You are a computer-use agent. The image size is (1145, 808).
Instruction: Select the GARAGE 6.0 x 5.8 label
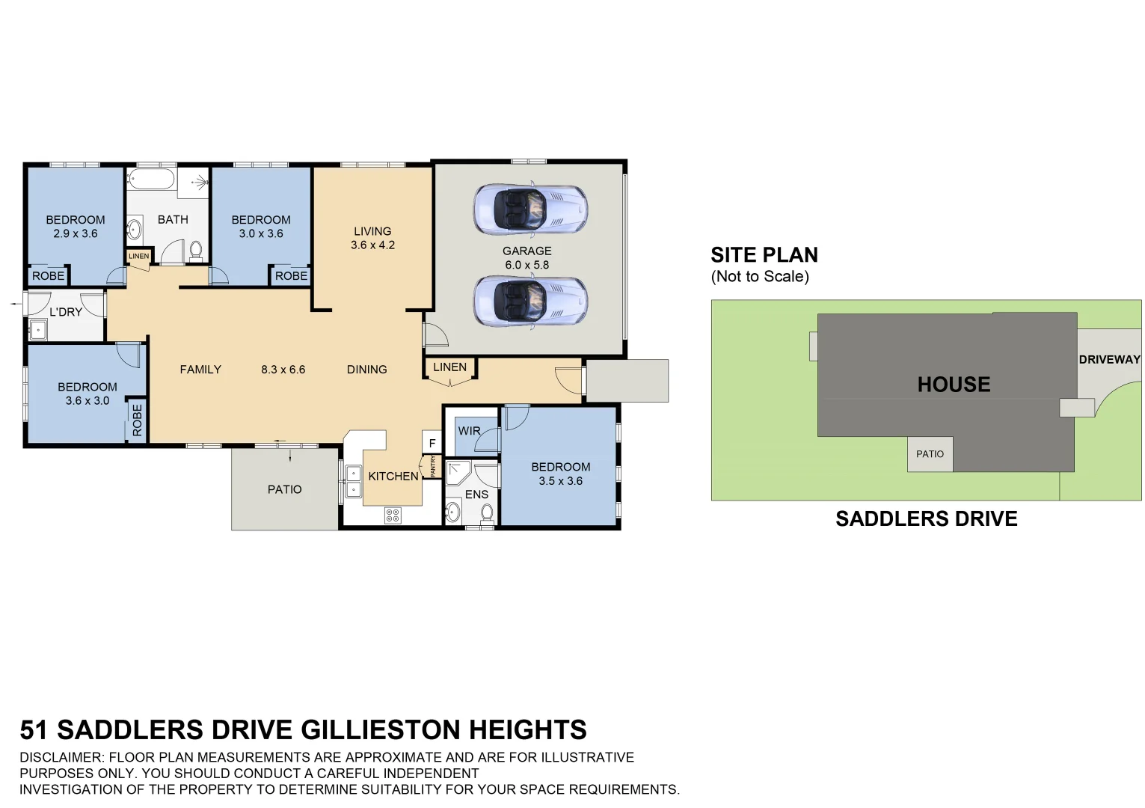[527, 258]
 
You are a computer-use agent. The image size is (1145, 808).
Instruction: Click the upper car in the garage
[530, 209]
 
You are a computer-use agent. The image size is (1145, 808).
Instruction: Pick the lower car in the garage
[530, 302]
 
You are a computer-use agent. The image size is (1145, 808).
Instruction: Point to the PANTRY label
[433, 466]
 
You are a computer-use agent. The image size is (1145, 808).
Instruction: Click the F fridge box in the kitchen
[432, 443]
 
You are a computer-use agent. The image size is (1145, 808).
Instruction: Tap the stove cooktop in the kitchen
[393, 515]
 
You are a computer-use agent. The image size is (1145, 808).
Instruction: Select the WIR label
[469, 431]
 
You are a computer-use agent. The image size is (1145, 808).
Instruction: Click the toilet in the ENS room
[487, 513]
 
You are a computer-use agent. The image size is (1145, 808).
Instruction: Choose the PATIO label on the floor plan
[285, 489]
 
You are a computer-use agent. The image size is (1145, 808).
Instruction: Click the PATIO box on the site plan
[930, 453]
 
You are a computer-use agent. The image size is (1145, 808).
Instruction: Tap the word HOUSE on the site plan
[954, 385]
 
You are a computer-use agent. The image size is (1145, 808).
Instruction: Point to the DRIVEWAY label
[1109, 360]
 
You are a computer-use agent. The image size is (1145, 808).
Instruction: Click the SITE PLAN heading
[764, 254]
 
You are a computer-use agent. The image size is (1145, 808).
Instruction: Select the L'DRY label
[65, 312]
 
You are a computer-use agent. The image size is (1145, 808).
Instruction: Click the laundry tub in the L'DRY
[38, 331]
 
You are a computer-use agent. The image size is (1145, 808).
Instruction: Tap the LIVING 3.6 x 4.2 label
[372, 238]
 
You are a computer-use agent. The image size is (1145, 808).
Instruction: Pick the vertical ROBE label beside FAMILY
[137, 420]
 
